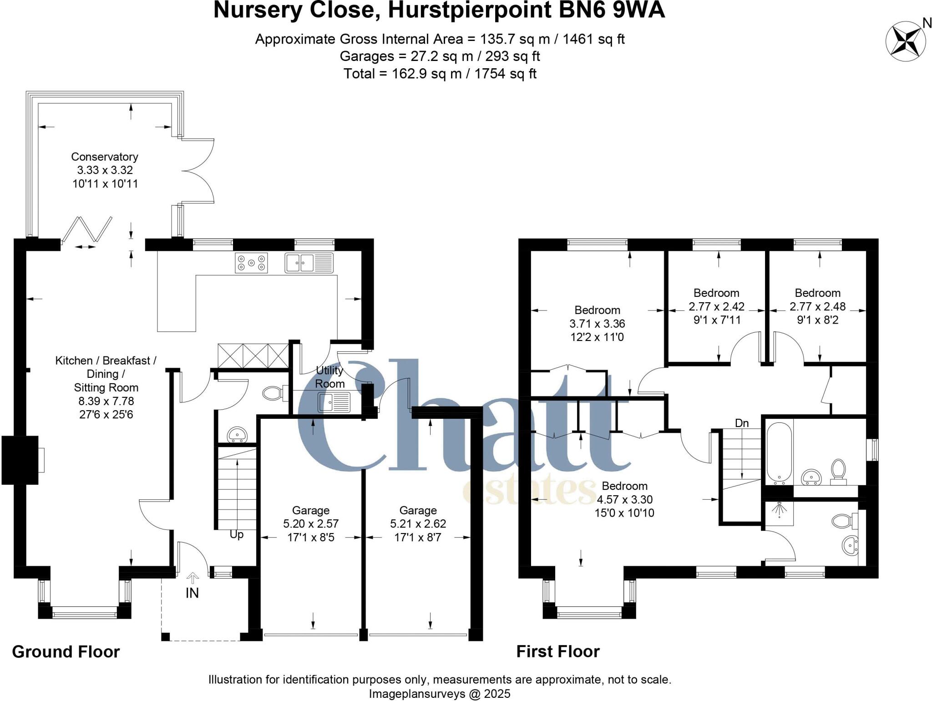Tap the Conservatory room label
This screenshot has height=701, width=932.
(x=105, y=157)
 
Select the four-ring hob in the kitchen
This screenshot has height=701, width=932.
(x=251, y=263)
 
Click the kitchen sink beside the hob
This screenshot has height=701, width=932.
(x=309, y=263)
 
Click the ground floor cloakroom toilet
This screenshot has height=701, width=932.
(x=273, y=393)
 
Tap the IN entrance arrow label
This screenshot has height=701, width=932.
(x=192, y=593)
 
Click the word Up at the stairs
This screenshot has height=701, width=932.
(x=237, y=534)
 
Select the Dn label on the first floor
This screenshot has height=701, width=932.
(x=742, y=423)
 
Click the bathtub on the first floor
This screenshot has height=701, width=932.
(x=780, y=452)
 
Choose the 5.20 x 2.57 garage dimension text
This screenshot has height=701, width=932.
(x=311, y=524)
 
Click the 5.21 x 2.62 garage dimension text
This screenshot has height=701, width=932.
(x=418, y=524)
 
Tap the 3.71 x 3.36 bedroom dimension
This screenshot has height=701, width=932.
(x=597, y=324)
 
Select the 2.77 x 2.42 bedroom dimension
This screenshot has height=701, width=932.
(x=716, y=306)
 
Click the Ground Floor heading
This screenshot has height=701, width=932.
(x=66, y=652)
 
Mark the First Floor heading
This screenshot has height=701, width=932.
(x=558, y=652)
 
